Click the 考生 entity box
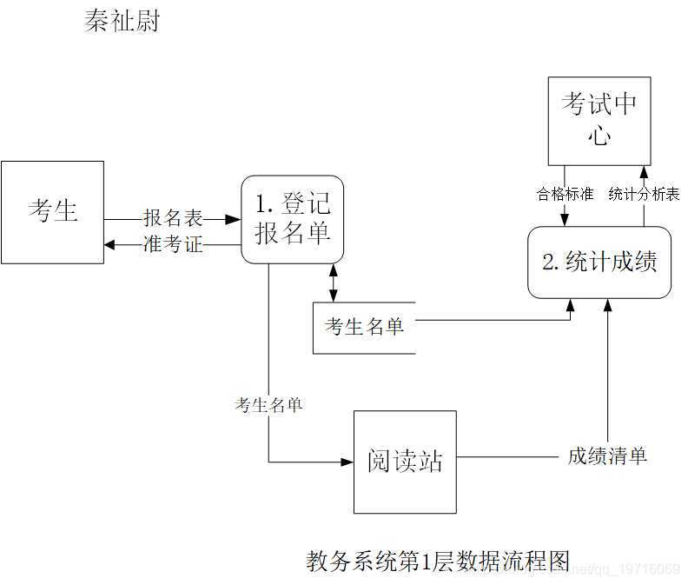pyautogui.click(x=52, y=211)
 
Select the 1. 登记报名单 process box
pyautogui.click(x=292, y=219)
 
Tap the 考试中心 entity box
pyautogui.click(x=599, y=121)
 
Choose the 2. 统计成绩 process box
pyautogui.click(x=599, y=262)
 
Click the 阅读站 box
pyautogui.click(x=405, y=462)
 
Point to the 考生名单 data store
pyautogui.click(x=364, y=327)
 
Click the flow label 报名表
pyautogui.click(x=173, y=219)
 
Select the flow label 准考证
pyautogui.click(x=173, y=245)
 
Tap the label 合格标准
pyautogui.click(x=565, y=194)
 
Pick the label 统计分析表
pyautogui.click(x=644, y=194)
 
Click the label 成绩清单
pyautogui.click(x=607, y=455)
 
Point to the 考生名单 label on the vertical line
pyautogui.click(x=268, y=404)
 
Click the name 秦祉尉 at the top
pyautogui.click(x=122, y=21)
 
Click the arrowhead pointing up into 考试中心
pyautogui.click(x=644, y=171)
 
